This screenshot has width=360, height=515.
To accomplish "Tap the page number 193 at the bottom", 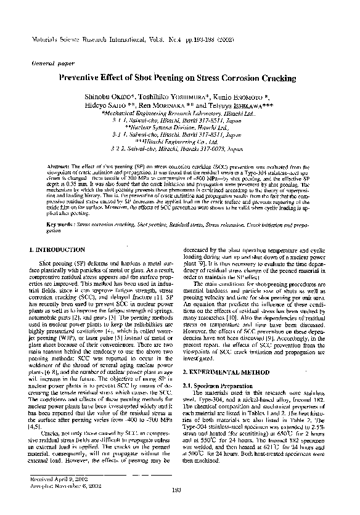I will pos(179,507).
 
